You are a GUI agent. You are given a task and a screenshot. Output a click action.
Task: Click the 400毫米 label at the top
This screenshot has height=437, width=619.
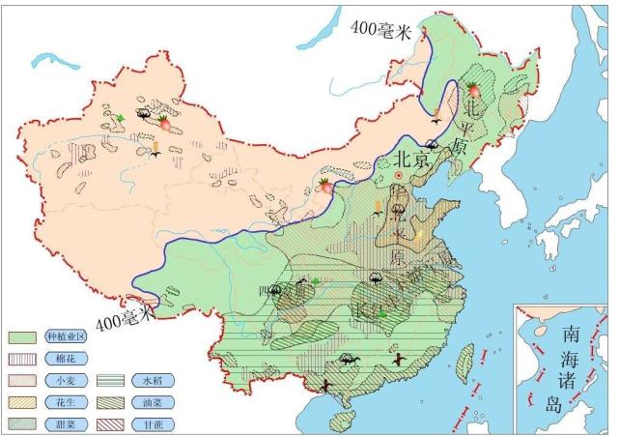[380, 31]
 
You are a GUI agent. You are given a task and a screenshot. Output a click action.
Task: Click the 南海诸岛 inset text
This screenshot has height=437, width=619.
[570, 366]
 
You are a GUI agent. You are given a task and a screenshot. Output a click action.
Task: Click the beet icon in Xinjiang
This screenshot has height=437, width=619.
[165, 123]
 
